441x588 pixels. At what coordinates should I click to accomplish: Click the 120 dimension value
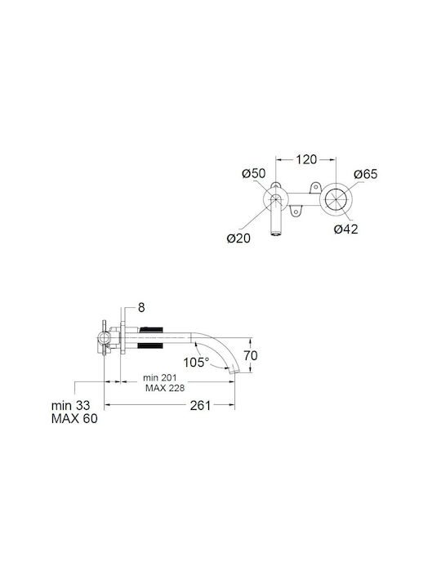[x=306, y=159]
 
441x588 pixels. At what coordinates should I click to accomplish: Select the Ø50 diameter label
[x=253, y=174]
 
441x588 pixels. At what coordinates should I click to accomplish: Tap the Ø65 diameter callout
[x=366, y=174]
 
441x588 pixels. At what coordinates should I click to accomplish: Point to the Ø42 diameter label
[x=346, y=229]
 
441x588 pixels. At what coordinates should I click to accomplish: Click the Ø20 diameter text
[x=238, y=238]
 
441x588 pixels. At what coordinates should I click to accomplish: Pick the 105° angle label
[x=196, y=363]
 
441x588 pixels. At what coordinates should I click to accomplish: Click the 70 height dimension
[x=251, y=355]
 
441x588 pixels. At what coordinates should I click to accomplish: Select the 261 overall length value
[x=200, y=405]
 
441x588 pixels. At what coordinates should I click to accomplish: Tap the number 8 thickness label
[x=141, y=308]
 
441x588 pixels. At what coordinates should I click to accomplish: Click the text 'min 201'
[x=160, y=377]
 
